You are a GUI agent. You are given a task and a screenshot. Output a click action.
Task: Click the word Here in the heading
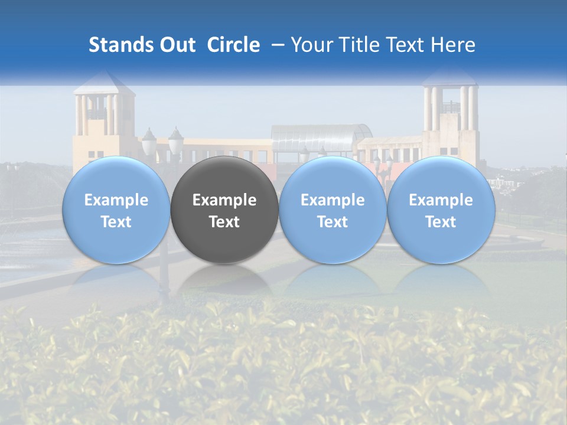click(x=452, y=45)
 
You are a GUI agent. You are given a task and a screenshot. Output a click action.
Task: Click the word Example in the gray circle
click(x=224, y=200)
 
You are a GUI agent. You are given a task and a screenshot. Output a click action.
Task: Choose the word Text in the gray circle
click(x=224, y=222)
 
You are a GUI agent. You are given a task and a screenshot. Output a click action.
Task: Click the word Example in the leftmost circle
click(x=116, y=200)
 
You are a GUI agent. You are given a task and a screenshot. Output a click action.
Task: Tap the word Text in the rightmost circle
click(x=441, y=222)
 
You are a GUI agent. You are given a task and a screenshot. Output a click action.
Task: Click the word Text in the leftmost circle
click(x=116, y=222)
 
